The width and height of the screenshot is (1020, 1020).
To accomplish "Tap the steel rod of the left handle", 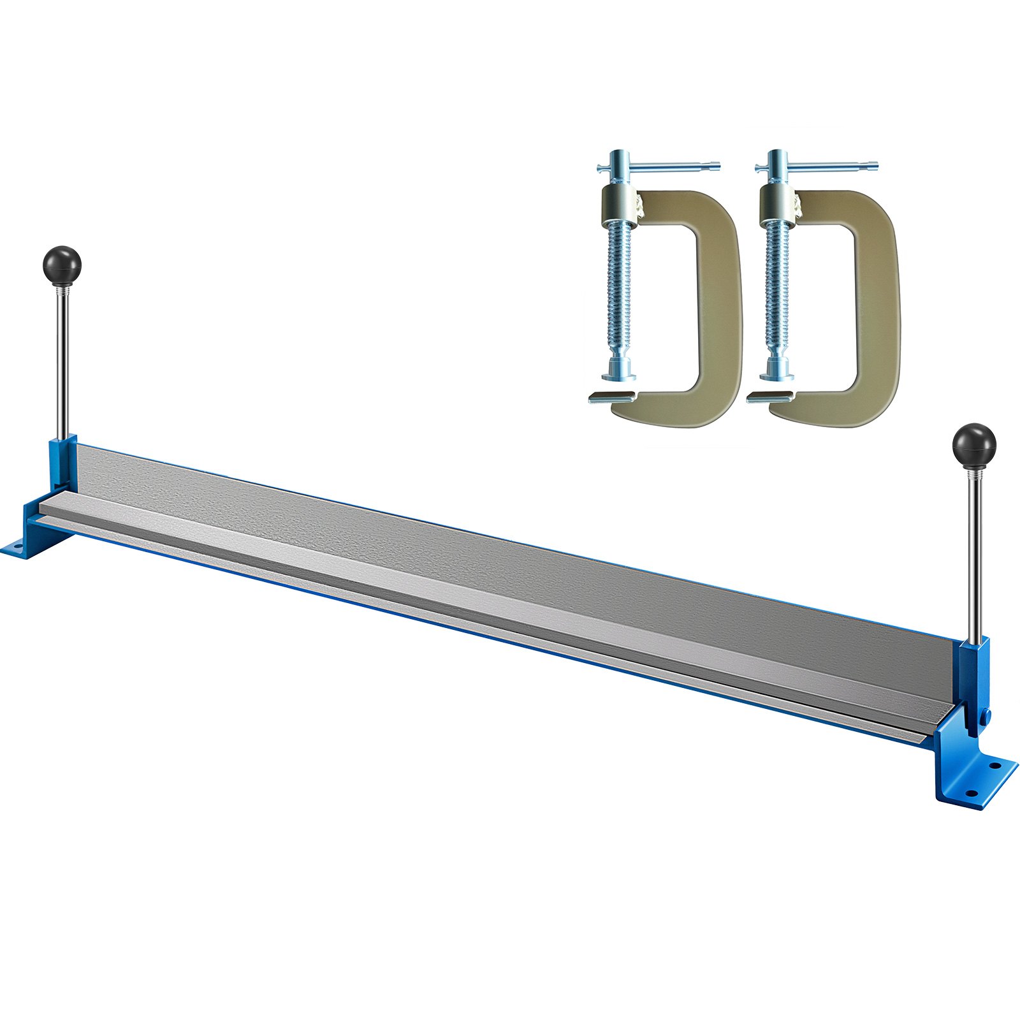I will coord(64,357).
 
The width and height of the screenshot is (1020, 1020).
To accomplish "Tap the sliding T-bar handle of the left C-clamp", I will coord(663,168).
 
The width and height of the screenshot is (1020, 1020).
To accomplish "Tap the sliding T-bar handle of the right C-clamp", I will coord(822,168).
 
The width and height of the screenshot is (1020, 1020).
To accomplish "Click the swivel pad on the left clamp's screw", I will coord(617,368).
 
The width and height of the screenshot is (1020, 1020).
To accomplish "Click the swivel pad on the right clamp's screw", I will coord(776,368).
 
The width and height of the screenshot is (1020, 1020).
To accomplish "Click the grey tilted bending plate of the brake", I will coord(510,561).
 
